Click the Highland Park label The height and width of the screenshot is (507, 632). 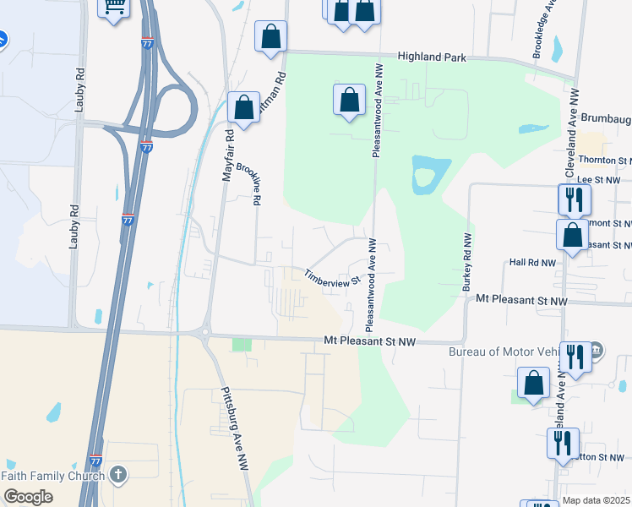point(432,57)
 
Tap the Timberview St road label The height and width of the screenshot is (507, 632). point(332,276)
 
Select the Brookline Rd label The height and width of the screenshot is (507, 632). point(248,183)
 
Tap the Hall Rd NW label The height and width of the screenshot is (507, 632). point(533,263)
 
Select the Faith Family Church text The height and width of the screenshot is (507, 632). point(52,476)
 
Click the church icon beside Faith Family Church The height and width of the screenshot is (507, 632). point(118,475)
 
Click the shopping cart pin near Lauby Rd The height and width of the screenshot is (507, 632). point(112,9)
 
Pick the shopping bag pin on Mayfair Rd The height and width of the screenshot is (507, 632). point(243,108)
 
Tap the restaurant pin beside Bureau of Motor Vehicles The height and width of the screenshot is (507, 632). point(575,355)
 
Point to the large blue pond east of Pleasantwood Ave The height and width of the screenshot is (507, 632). point(423,175)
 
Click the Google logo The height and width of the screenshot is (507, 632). point(28,497)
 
